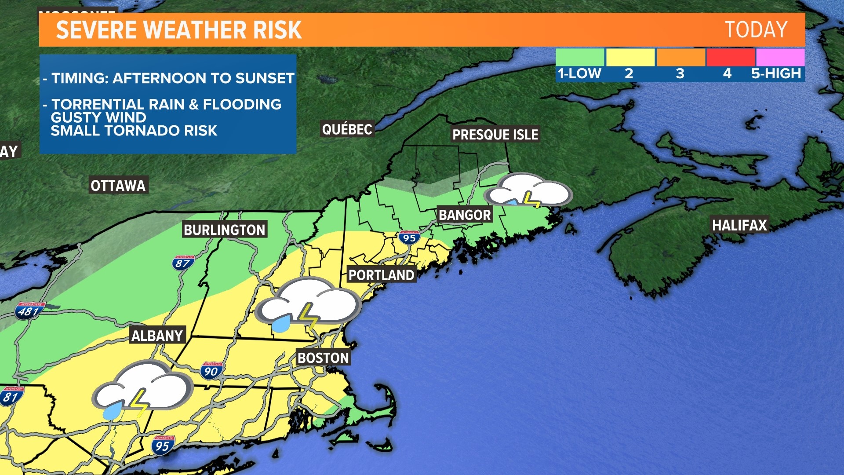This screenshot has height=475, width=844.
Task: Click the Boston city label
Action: [x=323, y=358]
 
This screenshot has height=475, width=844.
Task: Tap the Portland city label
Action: [x=381, y=275]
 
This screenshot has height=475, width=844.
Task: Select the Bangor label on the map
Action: [x=465, y=215]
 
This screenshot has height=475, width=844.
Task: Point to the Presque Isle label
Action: [x=495, y=135]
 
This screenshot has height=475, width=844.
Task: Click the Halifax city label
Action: [x=739, y=225]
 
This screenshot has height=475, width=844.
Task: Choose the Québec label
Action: [x=347, y=129]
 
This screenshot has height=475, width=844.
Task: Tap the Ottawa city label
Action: [x=118, y=186]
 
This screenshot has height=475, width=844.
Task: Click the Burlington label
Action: [x=224, y=230]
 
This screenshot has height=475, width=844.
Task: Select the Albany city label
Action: [x=157, y=336]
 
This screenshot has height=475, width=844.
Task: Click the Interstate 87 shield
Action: [x=183, y=263]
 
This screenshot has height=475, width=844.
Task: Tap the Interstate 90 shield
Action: [x=211, y=371]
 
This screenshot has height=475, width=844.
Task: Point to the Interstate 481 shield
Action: [x=29, y=311]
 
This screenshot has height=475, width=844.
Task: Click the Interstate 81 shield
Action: [x=11, y=397]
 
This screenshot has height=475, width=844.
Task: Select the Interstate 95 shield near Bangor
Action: [x=409, y=238]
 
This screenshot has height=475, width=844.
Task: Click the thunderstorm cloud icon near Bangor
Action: [x=527, y=190]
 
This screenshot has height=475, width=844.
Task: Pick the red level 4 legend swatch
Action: [x=730, y=58]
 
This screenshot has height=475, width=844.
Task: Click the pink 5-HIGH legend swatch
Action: [x=780, y=58]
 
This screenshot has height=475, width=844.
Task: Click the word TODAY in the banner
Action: [x=756, y=30]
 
